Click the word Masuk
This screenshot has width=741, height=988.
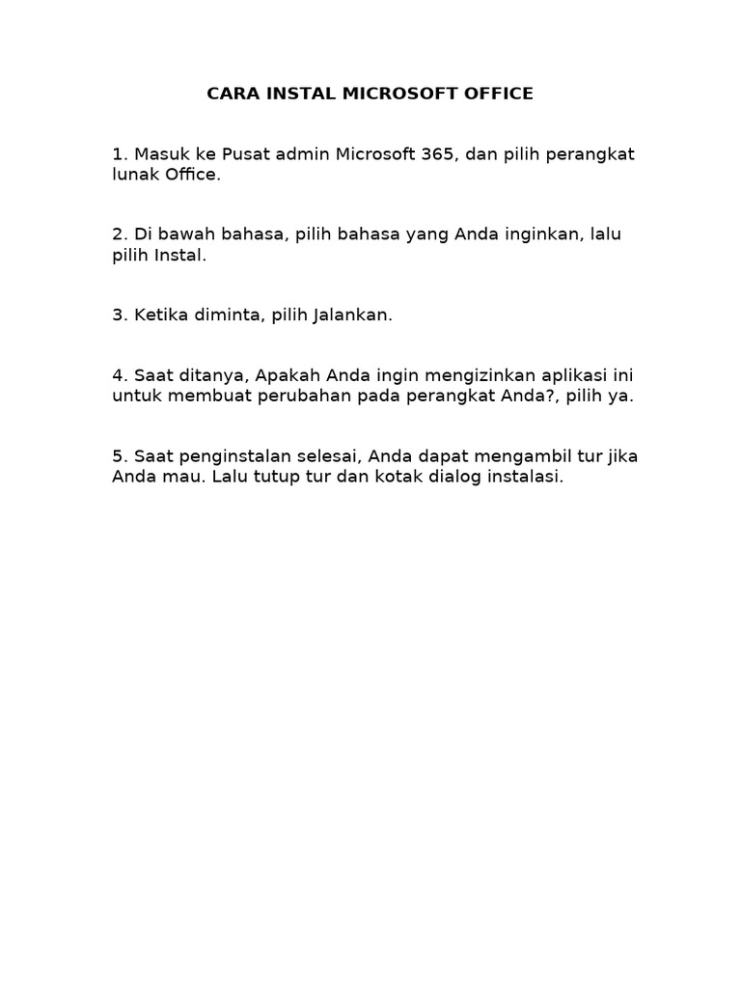pyautogui.click(x=163, y=154)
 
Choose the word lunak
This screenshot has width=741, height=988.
pyautogui.click(x=134, y=175)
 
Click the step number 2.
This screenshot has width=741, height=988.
pyautogui.click(x=118, y=235)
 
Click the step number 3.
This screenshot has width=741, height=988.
pyautogui.click(x=118, y=316)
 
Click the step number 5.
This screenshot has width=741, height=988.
pyautogui.click(x=118, y=456)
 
